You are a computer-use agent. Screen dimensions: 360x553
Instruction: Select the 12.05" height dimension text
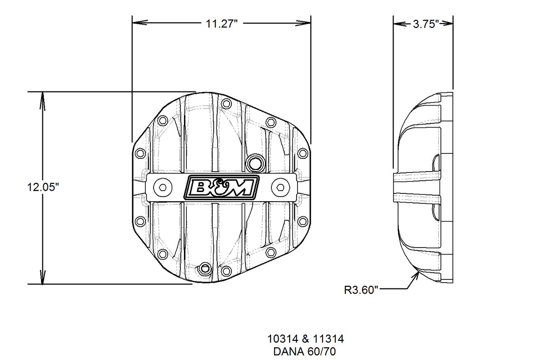tap(43, 188)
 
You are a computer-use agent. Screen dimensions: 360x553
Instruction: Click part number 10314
tap(281, 339)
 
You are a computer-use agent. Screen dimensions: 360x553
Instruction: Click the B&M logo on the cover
tap(221, 187)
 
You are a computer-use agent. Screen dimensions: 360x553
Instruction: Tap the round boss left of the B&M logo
tap(162, 187)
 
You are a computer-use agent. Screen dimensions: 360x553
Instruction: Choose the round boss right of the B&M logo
tap(279, 187)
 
